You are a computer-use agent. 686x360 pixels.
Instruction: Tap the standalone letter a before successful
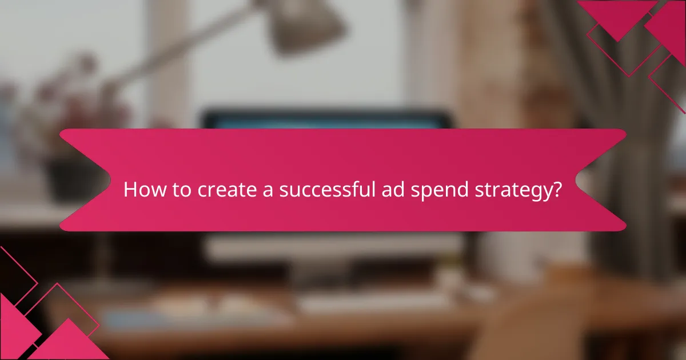click(266, 191)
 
